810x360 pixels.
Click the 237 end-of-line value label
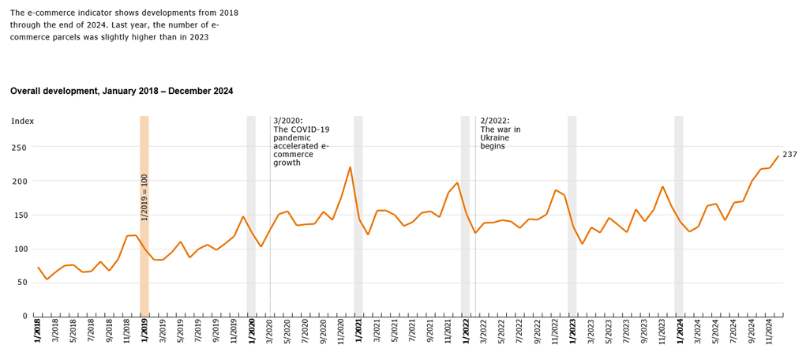tap(789, 155)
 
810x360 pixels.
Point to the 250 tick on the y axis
tap(19, 148)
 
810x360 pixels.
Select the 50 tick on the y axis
tap(22, 283)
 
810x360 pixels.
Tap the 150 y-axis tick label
tap(19, 216)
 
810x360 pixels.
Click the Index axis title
tap(22, 121)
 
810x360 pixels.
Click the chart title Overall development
tap(122, 92)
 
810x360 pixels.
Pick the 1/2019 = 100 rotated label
tap(144, 197)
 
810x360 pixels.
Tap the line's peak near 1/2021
tap(351, 167)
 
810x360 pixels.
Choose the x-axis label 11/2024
tap(768, 332)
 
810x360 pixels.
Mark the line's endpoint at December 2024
tap(778, 156)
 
